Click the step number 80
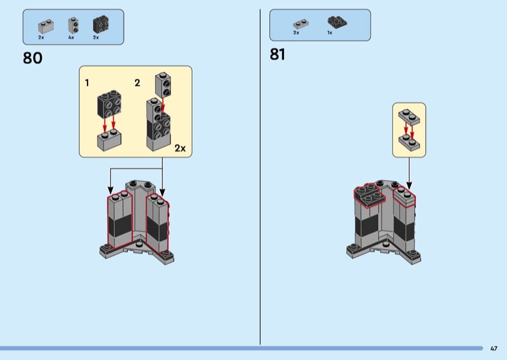coord(32,58)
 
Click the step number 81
coord(278,55)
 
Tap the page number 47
coord(494,348)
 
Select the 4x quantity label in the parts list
coord(71,38)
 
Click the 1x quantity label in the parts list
coord(330,32)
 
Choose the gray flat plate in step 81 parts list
coord(297,24)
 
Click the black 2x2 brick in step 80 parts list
coord(100,25)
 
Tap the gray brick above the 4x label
coord(73,25)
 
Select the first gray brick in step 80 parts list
coord(45,26)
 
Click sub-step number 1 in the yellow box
coord(87,82)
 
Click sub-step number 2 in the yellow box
coord(137,82)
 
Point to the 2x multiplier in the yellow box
coord(180,148)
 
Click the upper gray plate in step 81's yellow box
coord(409,117)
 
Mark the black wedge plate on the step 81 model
coord(367,194)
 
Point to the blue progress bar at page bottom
coord(241,348)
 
